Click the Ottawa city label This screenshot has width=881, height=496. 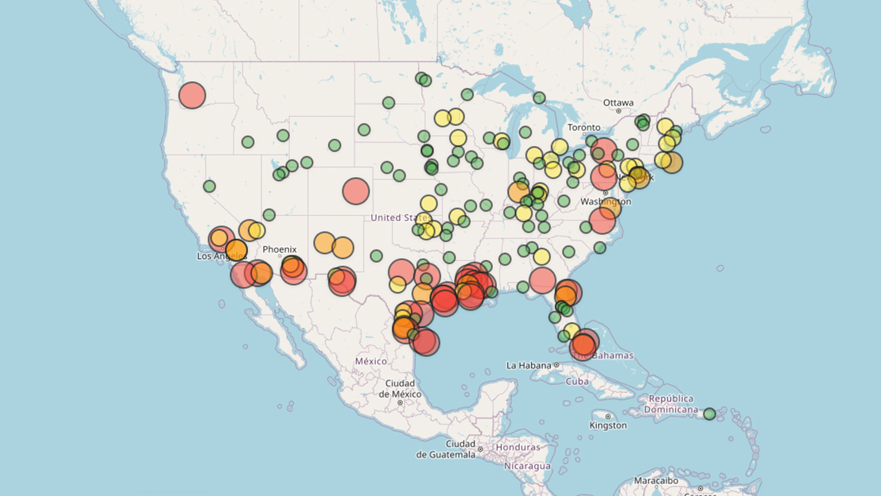coord(618,103)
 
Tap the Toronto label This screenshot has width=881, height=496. coord(584,128)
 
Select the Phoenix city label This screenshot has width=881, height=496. coord(279,249)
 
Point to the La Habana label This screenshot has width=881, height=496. coord(529,366)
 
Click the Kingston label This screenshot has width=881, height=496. coord(608,425)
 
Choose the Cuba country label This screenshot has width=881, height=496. coord(577,382)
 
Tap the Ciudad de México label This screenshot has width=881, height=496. coord(400,389)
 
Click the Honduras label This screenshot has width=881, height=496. coord(518,447)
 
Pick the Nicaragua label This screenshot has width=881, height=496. coord(527,466)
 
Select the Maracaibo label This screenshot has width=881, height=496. coord(656,481)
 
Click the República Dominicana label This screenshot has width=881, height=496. coord(671,404)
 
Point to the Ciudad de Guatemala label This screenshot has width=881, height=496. coord(446,449)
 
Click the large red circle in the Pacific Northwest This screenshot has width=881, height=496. coord(192,96)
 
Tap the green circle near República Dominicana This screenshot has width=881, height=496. coord(709,414)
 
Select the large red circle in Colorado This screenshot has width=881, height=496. coord(356,191)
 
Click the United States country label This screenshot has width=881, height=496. coord(400,218)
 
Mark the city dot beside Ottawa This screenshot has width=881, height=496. coord(619,111)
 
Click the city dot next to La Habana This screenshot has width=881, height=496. coord(557,365)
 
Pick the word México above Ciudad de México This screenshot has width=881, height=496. coord(371,361)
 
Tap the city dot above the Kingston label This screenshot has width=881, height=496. coord(608,417)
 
